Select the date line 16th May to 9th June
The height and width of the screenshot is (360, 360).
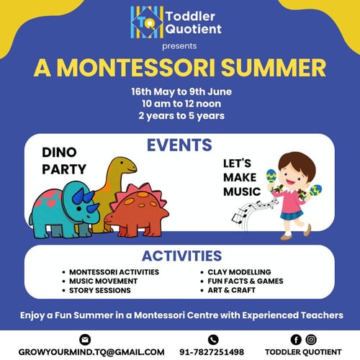click(x=180, y=92)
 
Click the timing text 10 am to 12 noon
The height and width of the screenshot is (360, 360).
click(x=180, y=104)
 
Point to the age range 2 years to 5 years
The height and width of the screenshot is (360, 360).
click(x=180, y=115)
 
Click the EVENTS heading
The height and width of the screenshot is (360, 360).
click(x=179, y=145)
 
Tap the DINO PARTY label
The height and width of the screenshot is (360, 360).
click(x=64, y=161)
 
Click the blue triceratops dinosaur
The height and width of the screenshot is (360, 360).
click(x=61, y=209)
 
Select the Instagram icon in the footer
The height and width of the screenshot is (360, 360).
click(x=310, y=338)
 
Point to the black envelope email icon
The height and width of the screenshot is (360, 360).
click(x=86, y=338)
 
